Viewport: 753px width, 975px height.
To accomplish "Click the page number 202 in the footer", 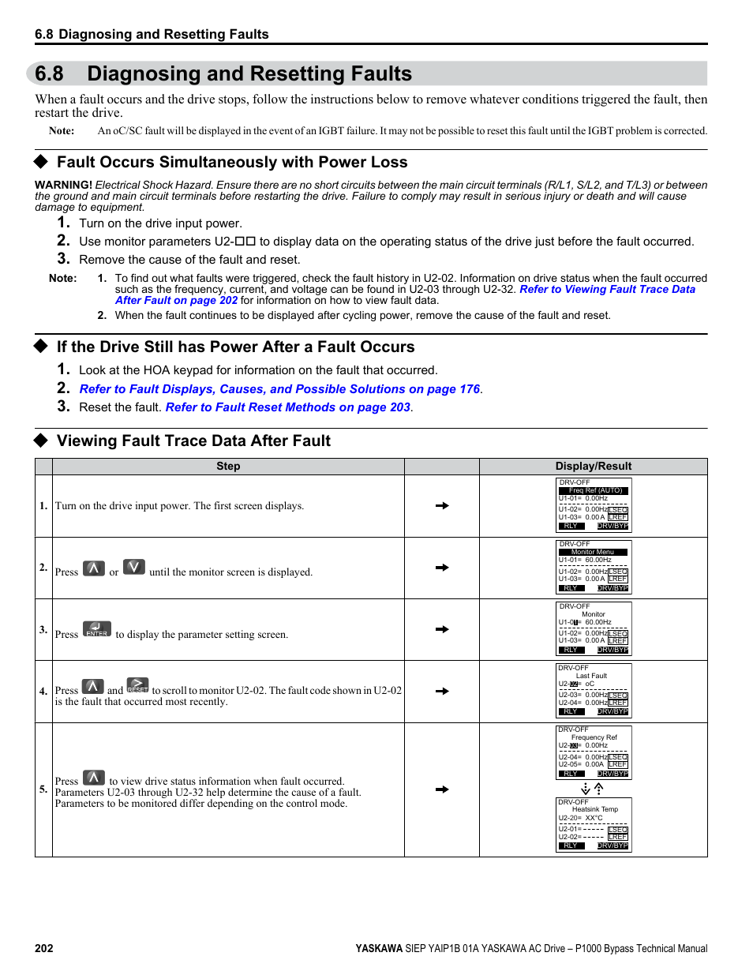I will (x=44, y=948).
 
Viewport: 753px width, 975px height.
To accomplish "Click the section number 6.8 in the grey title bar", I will (x=49, y=73).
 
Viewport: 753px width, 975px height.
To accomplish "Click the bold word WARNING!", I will (x=63, y=185).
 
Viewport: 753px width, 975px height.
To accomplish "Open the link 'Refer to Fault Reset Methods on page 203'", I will (x=288, y=407).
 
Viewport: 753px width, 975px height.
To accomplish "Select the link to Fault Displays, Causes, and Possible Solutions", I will (x=280, y=389).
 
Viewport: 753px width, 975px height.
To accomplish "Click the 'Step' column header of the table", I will (x=228, y=466).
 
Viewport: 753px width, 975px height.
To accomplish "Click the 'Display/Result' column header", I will (x=593, y=466).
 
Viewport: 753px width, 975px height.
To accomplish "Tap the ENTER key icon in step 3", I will (x=97, y=629).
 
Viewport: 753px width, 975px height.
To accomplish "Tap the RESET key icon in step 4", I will (x=137, y=685).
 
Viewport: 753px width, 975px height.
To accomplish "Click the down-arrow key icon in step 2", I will (x=134, y=567).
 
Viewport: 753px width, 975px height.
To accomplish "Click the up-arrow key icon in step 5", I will (x=94, y=778).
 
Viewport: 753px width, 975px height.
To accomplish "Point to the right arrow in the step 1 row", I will (x=442, y=505).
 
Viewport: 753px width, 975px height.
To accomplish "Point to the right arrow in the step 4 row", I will (x=442, y=691).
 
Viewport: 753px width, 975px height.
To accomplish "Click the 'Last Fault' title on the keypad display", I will (x=591, y=676).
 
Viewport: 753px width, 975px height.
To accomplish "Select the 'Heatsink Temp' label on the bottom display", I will (x=595, y=809).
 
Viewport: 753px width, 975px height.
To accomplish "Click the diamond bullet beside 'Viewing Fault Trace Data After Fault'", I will (x=41, y=441).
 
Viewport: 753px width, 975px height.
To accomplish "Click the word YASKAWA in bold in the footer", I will (x=379, y=948).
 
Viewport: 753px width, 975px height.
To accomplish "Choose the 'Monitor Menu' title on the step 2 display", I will (x=593, y=552).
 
